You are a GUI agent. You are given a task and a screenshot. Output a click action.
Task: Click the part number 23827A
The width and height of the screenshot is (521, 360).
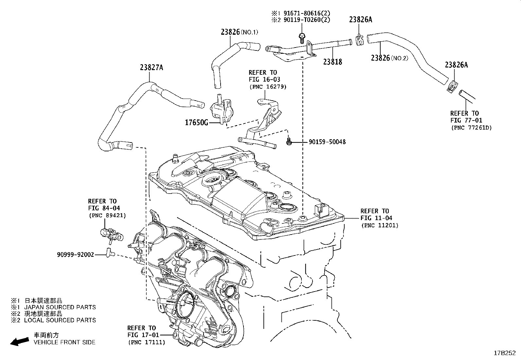click(x=151, y=68)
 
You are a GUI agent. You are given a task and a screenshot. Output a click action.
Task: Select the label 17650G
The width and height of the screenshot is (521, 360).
click(x=196, y=123)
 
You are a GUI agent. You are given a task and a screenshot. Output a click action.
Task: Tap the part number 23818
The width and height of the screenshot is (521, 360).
click(x=332, y=62)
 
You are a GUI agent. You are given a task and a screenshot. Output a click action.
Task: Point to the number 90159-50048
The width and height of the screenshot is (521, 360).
click(x=327, y=142)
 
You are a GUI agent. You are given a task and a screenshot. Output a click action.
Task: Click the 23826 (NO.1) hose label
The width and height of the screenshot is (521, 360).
click(x=239, y=32)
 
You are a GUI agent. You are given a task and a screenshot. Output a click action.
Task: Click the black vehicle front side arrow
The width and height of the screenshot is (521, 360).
click(x=19, y=341)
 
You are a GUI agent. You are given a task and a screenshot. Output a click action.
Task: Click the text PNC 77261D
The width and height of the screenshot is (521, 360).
click(x=471, y=127)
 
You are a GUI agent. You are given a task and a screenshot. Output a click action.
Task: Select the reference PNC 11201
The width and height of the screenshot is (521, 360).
click(x=380, y=225)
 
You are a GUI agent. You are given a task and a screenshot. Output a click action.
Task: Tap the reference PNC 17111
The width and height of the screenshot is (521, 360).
click(x=146, y=342)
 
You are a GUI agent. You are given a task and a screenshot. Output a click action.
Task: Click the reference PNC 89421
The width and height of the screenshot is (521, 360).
click(x=107, y=215)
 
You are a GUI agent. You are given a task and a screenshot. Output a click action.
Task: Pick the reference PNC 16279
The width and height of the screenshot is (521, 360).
click(x=268, y=86)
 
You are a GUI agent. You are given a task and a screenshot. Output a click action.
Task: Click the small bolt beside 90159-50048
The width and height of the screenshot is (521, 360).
click(x=289, y=142)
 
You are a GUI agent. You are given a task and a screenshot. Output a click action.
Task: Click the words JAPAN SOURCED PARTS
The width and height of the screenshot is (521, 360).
click(x=60, y=307)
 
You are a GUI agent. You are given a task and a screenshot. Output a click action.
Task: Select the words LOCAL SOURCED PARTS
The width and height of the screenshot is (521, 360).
click(x=60, y=320)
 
